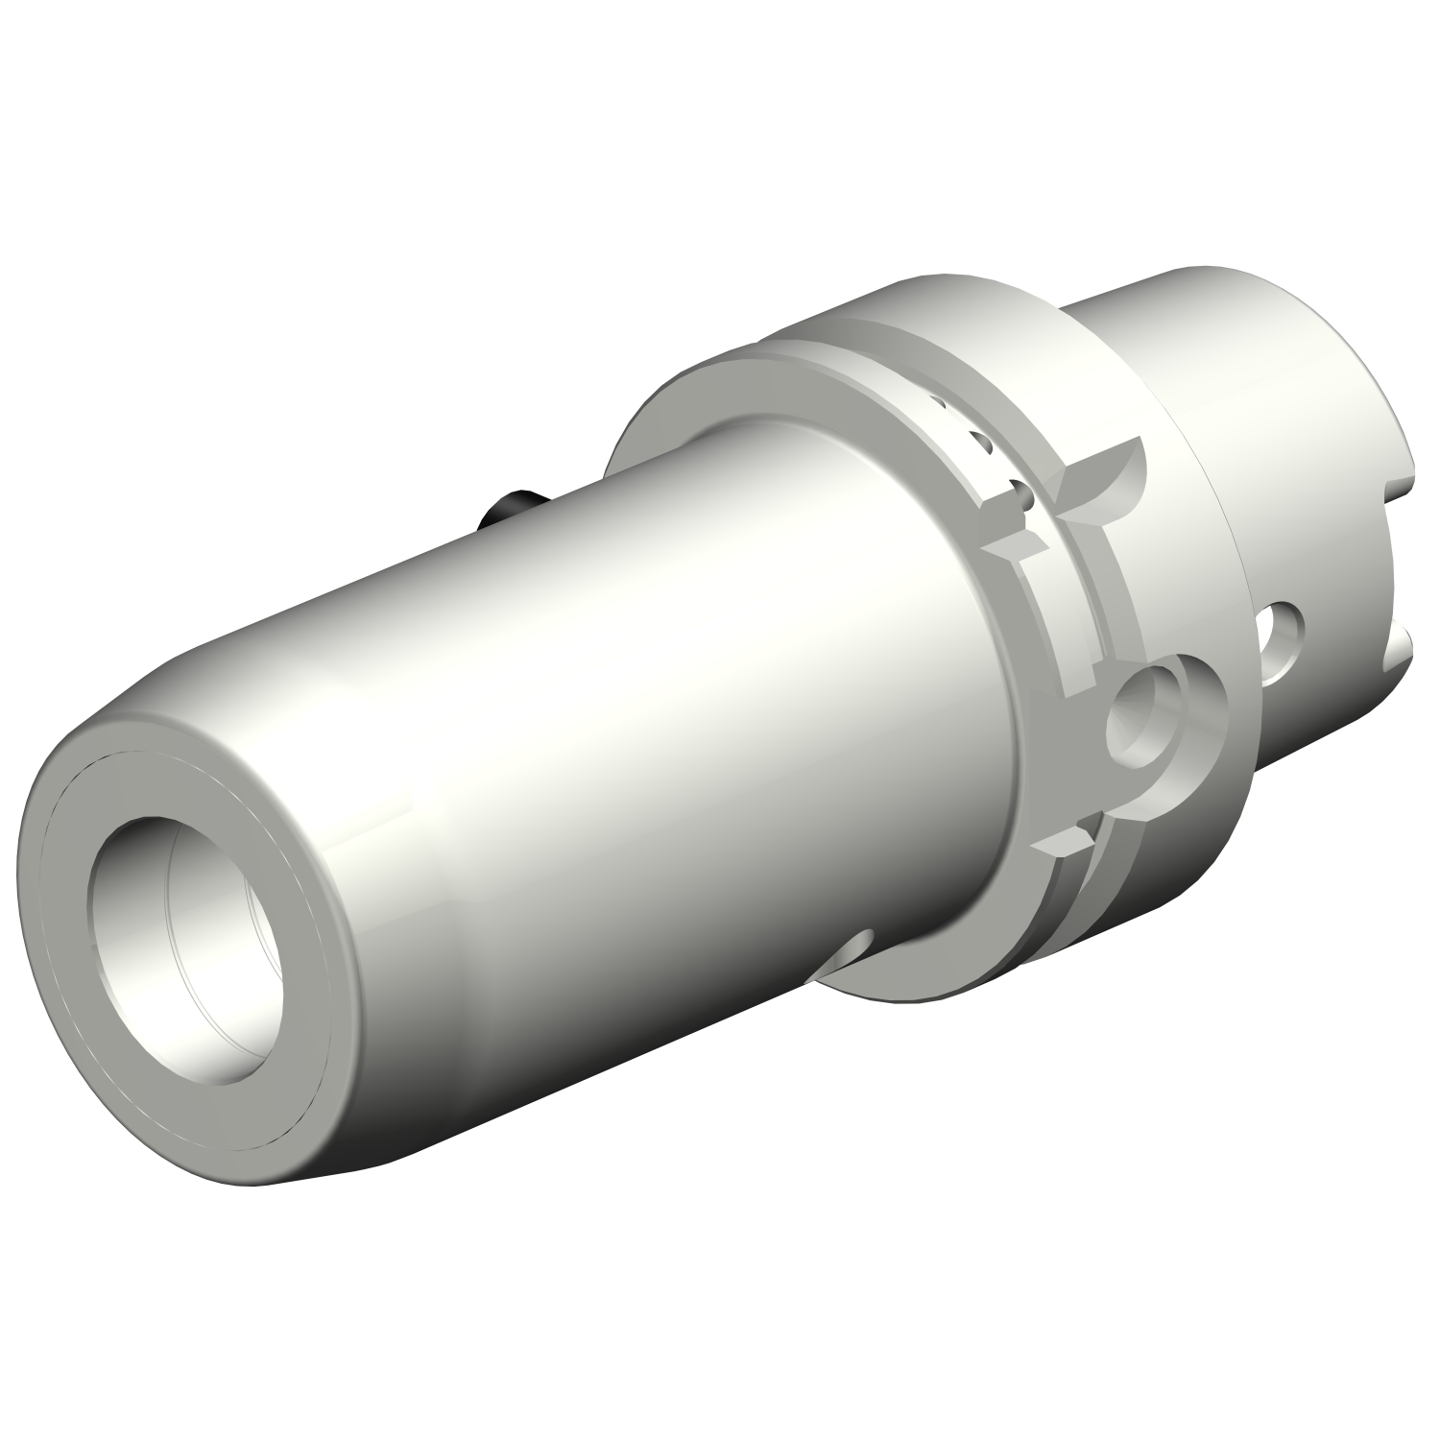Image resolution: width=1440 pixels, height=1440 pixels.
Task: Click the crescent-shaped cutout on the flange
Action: pyautogui.click(x=1104, y=480)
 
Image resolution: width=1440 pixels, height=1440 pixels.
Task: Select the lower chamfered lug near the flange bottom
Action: pyautogui.click(x=1061, y=845)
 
